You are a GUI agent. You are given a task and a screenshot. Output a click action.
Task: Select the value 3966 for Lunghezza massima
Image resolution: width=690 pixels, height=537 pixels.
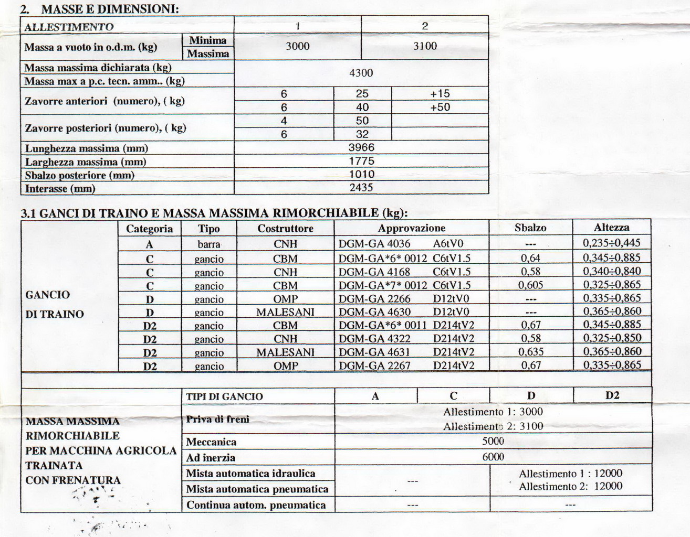361,147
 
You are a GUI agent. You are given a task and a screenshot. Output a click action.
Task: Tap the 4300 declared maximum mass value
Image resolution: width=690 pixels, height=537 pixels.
361,73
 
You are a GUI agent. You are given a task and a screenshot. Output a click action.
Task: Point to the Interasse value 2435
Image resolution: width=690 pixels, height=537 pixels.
361,187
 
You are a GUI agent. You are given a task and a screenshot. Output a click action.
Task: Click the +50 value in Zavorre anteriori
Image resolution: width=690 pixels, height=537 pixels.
440,107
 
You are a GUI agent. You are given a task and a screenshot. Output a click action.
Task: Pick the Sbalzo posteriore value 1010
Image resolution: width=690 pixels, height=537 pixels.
361,174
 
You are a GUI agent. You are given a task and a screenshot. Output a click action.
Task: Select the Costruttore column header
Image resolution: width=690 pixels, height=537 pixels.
285,228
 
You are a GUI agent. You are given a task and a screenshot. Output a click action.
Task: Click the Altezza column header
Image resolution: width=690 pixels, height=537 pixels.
611,227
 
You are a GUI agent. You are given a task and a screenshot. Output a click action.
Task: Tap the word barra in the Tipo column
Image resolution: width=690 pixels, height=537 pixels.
209,244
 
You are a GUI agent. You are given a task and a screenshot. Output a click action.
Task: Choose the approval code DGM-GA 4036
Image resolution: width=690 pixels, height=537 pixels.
374,243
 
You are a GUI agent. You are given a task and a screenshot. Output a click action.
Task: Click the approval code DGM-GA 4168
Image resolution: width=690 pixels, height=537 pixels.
374,272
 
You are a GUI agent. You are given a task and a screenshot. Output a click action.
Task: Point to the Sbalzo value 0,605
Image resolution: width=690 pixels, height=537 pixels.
530,285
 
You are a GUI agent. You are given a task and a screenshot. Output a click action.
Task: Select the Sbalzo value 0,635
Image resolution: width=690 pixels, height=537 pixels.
530,351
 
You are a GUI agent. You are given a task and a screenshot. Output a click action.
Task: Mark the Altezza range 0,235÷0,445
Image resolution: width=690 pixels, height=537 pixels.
612,243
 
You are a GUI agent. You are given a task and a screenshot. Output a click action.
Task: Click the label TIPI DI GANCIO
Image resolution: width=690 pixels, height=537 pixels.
224,396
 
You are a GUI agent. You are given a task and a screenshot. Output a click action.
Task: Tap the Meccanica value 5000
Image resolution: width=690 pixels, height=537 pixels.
493,441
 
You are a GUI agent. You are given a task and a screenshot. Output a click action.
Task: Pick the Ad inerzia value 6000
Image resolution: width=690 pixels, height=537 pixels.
493,457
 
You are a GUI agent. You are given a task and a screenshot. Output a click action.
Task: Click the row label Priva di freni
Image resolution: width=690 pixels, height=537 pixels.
217,419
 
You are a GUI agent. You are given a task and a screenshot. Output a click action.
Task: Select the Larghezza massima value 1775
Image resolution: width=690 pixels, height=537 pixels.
361,161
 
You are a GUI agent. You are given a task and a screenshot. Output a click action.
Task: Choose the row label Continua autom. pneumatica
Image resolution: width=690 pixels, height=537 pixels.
256,505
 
